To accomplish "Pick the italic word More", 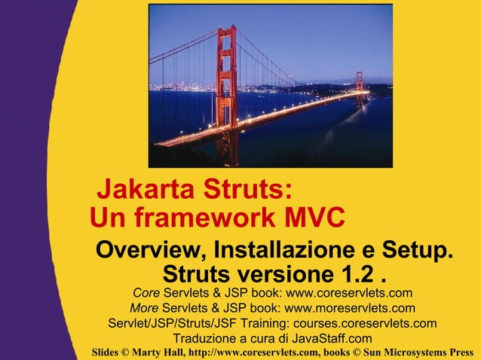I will coord(144,308).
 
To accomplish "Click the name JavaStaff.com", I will coord(331,338).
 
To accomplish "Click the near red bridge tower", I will coord(225,83).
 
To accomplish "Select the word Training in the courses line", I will coord(274,323).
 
